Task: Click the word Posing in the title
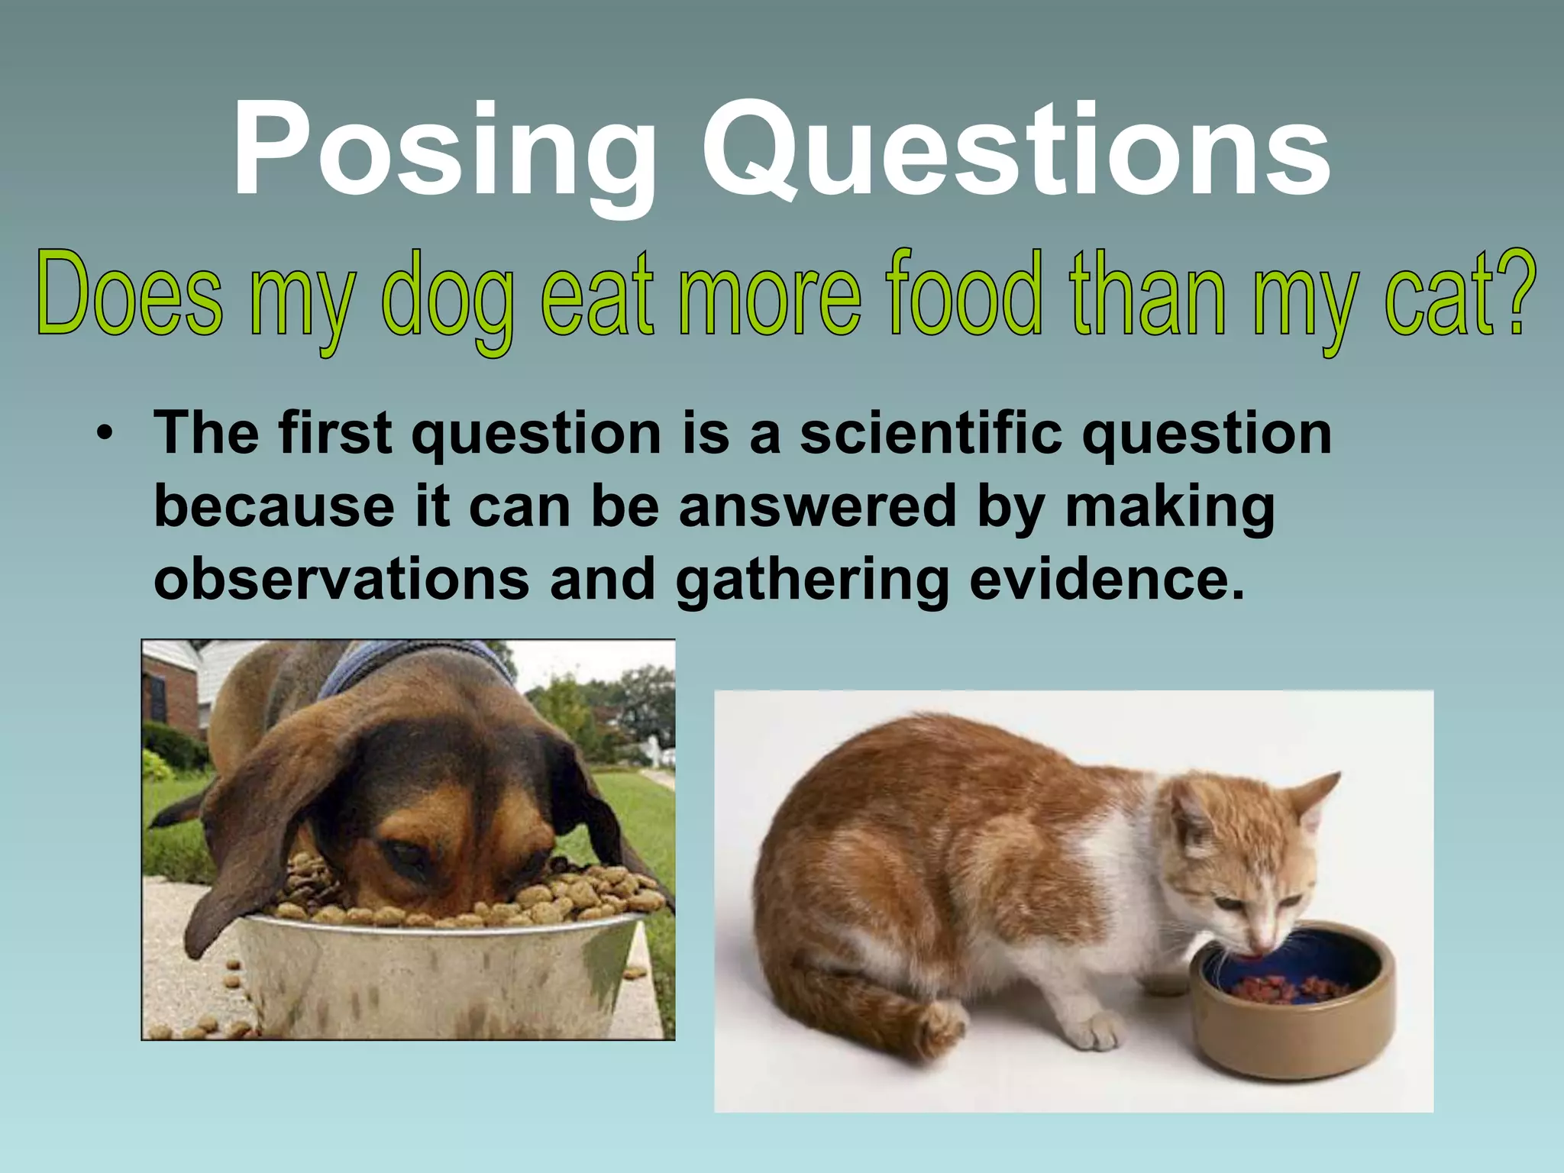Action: point(443,153)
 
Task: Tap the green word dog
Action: point(447,298)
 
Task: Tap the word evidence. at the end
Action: point(1107,579)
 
